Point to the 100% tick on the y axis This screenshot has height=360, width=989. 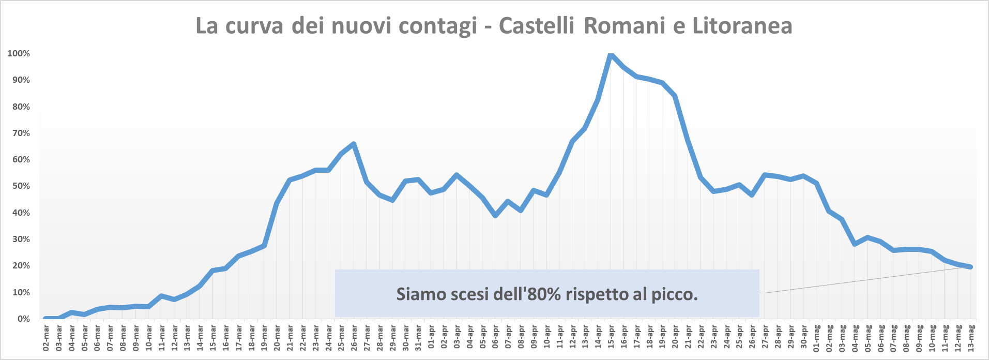point(19,53)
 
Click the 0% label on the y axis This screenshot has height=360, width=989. point(23,319)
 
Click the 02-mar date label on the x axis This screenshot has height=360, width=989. point(46,338)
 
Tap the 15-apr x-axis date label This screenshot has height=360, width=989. point(611,338)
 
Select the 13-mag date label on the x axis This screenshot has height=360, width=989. point(971,338)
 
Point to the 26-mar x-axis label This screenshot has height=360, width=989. point(354,338)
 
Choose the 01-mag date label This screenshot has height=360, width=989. point(817,338)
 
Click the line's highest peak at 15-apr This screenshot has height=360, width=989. point(611,54)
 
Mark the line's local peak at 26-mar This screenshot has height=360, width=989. point(354,144)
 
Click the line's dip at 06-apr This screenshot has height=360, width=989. point(495,215)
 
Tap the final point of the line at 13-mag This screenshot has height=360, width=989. point(971,267)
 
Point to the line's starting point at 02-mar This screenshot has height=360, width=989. point(46,319)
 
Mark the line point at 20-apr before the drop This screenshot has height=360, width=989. point(675,96)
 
